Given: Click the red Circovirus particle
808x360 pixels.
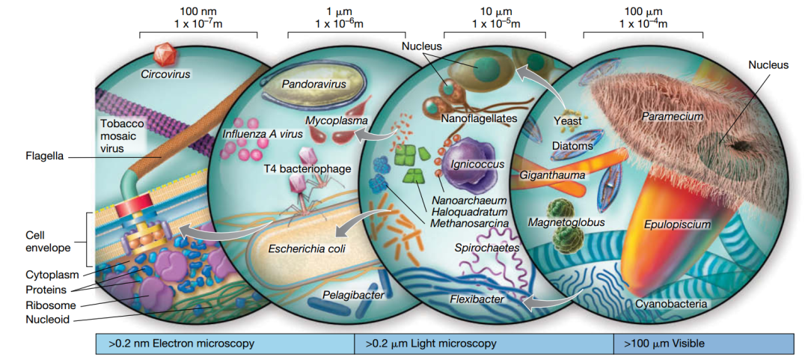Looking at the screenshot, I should tap(163, 55).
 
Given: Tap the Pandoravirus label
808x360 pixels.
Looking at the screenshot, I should tap(314, 84).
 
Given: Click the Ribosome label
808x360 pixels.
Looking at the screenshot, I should tap(46, 305).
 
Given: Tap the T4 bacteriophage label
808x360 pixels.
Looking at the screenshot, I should tap(307, 168).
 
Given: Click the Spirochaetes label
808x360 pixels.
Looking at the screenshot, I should tap(486, 246).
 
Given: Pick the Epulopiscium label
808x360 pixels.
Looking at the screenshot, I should tap(677, 223).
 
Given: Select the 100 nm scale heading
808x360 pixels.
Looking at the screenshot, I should tap(198, 11).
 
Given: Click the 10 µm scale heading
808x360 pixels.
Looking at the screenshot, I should tap(496, 11).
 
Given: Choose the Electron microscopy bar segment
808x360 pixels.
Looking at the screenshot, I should tap(225, 344).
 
